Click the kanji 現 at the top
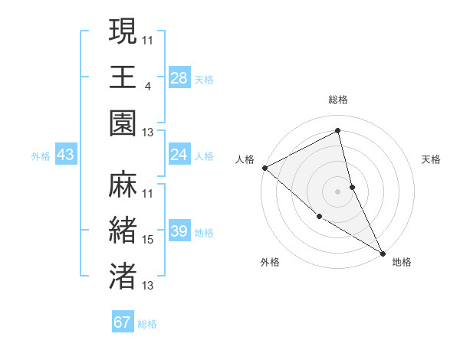click(123, 32)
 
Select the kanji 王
click(123, 77)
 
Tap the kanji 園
click(123, 122)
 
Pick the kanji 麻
click(123, 185)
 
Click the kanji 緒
click(123, 231)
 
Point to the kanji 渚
click(123, 275)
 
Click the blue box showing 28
click(179, 78)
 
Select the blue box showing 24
click(179, 155)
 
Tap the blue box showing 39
click(179, 231)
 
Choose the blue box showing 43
click(66, 155)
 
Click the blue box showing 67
click(123, 322)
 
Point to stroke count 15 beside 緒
click(148, 240)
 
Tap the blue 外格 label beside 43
click(41, 156)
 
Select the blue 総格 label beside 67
click(147, 324)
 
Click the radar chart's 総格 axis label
click(338, 100)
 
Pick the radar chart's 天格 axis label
click(432, 159)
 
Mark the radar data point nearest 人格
click(264, 168)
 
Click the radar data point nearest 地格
click(382, 252)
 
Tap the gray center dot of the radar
click(337, 191)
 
